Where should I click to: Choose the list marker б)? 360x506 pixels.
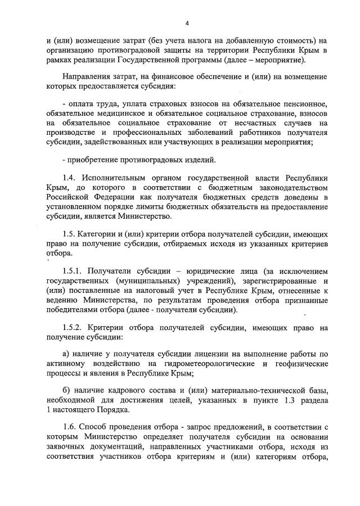click(65, 391)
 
